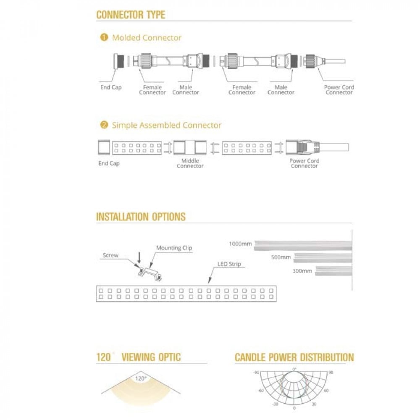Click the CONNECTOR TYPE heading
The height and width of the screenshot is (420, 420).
131,15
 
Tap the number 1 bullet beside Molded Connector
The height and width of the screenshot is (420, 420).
104,37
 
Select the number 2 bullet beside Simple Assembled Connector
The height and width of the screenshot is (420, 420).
104,125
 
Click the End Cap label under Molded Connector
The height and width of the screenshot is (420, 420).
111,87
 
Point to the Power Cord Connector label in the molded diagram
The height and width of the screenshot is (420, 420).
339,90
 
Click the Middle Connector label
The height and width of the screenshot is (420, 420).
190,163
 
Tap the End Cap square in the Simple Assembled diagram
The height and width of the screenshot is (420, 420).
104,147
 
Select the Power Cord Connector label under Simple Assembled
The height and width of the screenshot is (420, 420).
304,163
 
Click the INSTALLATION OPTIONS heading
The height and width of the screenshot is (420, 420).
141,217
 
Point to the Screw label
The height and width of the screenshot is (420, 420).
110,255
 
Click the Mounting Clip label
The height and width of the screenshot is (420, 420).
174,248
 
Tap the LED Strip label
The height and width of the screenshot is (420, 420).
229,264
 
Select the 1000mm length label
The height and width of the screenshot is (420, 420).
240,244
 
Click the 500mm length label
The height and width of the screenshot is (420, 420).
281,257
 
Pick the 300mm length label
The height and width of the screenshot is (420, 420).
302,271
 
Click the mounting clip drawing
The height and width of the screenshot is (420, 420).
150,273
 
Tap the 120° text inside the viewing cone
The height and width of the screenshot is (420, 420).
141,378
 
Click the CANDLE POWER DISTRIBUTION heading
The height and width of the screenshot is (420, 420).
294,357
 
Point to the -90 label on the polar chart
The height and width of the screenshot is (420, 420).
256,372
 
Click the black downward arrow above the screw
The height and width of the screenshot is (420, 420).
139,258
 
